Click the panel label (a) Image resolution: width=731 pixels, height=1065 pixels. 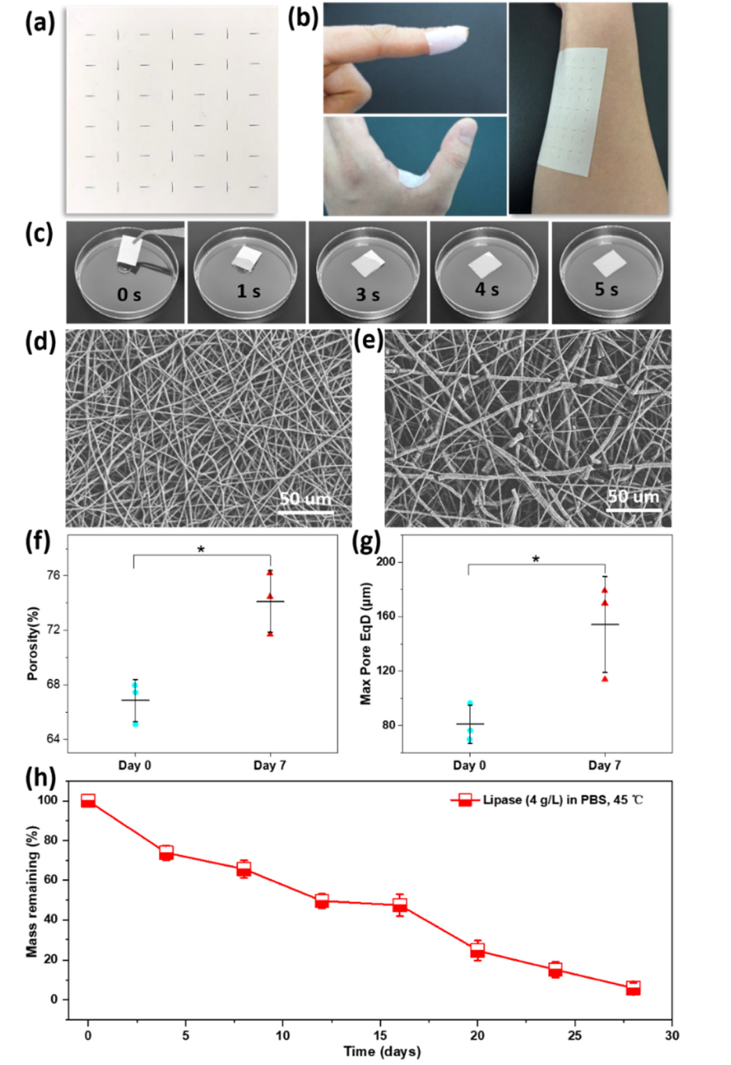coord(40,23)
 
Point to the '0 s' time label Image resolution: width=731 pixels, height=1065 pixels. coord(129,295)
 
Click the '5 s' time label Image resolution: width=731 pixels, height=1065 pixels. coord(606,289)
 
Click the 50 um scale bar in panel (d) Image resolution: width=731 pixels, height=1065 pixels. coord(305,512)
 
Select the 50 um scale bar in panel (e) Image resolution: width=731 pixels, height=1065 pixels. coord(633,510)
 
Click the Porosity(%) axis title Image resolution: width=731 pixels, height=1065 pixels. coord(32,644)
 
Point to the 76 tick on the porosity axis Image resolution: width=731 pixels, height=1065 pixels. coord(54,575)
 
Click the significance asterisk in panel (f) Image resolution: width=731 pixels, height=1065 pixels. coord(201,550)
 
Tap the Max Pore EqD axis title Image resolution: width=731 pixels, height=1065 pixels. coord(365,644)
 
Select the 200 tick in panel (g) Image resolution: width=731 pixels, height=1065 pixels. coord(386,562)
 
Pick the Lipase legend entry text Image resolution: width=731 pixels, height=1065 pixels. coord(563,799)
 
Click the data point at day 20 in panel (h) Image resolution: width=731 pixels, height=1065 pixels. coord(477,950)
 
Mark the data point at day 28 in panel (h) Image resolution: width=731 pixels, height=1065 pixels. coord(633,988)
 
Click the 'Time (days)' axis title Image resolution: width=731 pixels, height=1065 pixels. coord(382,1051)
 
